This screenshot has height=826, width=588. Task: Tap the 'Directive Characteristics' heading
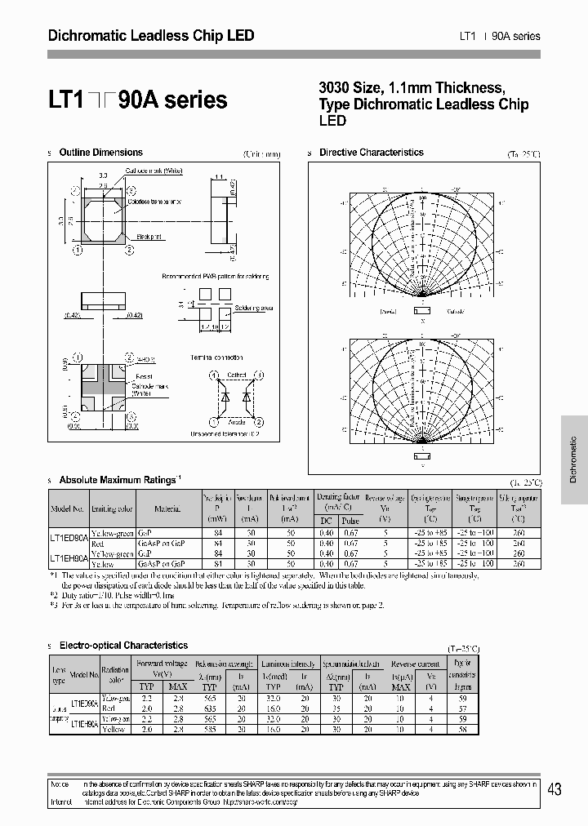[371, 153]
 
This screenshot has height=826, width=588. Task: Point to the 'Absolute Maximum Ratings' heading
[118, 481]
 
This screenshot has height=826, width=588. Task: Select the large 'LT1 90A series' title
[138, 100]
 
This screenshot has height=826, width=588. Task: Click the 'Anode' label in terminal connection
[236, 423]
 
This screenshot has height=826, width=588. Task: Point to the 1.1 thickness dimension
[219, 175]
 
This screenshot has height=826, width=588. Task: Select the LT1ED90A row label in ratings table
[69, 536]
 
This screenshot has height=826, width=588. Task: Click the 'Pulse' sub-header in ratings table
[351, 520]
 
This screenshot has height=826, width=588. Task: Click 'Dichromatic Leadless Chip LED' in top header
[152, 36]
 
